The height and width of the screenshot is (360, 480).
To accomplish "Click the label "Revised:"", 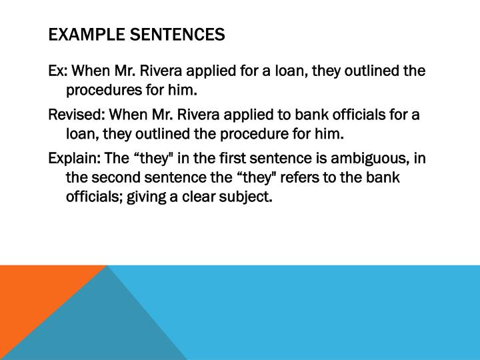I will pyautogui.click(x=77, y=115).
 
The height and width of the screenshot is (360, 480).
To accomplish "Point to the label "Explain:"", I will pyautogui.click(x=75, y=159).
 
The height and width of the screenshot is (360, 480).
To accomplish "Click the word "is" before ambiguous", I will pyautogui.click(x=311, y=159).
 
